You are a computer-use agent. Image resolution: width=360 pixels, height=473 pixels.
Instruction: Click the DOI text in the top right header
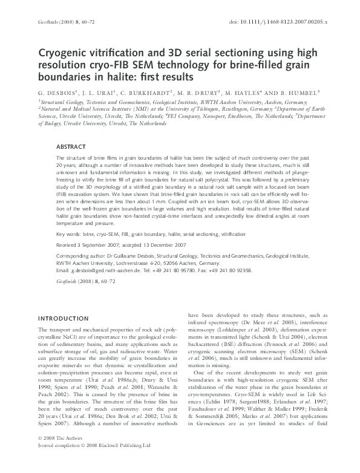[x=292, y=21]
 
